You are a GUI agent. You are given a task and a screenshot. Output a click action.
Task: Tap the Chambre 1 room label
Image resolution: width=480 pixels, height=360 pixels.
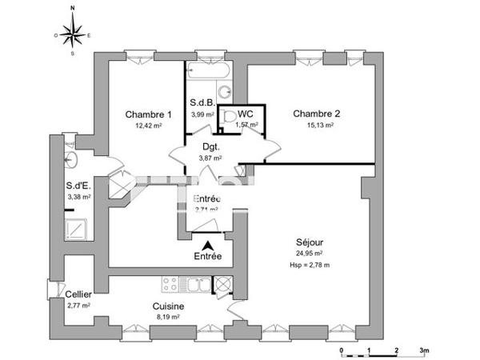click(x=149, y=114)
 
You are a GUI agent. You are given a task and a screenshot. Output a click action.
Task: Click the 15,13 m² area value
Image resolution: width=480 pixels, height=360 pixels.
click(x=318, y=125)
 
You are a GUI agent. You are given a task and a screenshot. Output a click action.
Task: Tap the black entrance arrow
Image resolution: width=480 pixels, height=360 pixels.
click(x=209, y=246)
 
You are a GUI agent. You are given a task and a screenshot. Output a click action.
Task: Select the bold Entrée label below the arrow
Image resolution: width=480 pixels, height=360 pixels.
click(x=209, y=257)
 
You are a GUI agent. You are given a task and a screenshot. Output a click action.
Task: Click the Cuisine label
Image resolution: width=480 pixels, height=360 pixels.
click(x=170, y=306)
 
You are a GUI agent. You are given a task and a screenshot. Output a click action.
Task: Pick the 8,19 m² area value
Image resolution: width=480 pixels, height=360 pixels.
click(x=170, y=318)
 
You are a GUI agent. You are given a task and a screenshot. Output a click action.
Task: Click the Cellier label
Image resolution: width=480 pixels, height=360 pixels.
click(x=78, y=294)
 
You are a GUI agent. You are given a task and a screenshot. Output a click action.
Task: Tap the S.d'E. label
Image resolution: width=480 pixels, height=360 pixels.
click(x=78, y=186)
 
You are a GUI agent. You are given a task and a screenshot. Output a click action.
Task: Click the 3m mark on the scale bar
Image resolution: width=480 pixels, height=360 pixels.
click(x=424, y=350)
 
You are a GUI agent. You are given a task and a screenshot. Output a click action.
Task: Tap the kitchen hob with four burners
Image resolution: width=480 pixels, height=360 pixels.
click(x=170, y=284)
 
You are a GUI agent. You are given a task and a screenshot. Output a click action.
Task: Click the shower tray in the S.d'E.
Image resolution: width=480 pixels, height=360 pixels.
click(x=78, y=230)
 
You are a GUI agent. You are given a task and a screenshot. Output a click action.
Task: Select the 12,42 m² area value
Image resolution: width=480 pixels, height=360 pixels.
click(x=149, y=126)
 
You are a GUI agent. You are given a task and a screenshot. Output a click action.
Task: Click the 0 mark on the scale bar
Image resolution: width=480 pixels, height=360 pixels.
click(x=342, y=350)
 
